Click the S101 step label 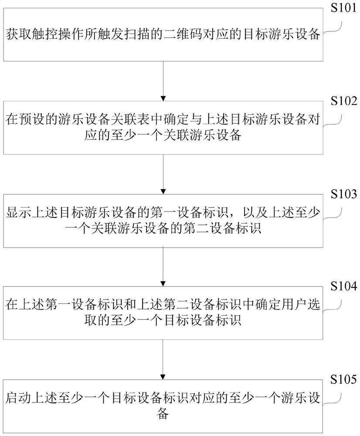(343, 9)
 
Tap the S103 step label (343, 194)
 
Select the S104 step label (343, 286)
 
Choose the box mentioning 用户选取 (163, 313)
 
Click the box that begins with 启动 (163, 405)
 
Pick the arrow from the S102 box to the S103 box (163, 173)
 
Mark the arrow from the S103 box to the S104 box (163, 265)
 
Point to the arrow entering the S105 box (163, 358)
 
